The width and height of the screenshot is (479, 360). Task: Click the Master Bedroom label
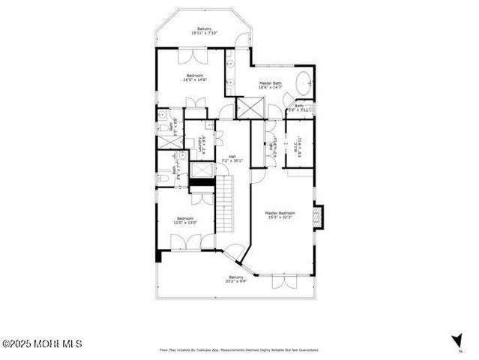coord(280,214)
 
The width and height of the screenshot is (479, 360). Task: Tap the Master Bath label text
coord(271,85)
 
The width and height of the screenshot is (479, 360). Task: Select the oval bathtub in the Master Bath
coord(304,84)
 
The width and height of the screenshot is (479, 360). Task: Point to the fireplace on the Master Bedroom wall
coord(317,216)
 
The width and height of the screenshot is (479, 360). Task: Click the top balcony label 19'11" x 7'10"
coord(204,31)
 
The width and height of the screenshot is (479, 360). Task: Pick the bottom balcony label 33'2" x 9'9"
coord(235,279)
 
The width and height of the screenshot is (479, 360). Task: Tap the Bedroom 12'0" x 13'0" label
coord(185,220)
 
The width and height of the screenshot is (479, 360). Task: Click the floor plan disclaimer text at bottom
coord(239,349)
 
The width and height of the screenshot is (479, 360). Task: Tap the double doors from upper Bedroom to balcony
coord(190,55)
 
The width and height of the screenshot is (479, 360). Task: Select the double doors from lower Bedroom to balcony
coord(185,244)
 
